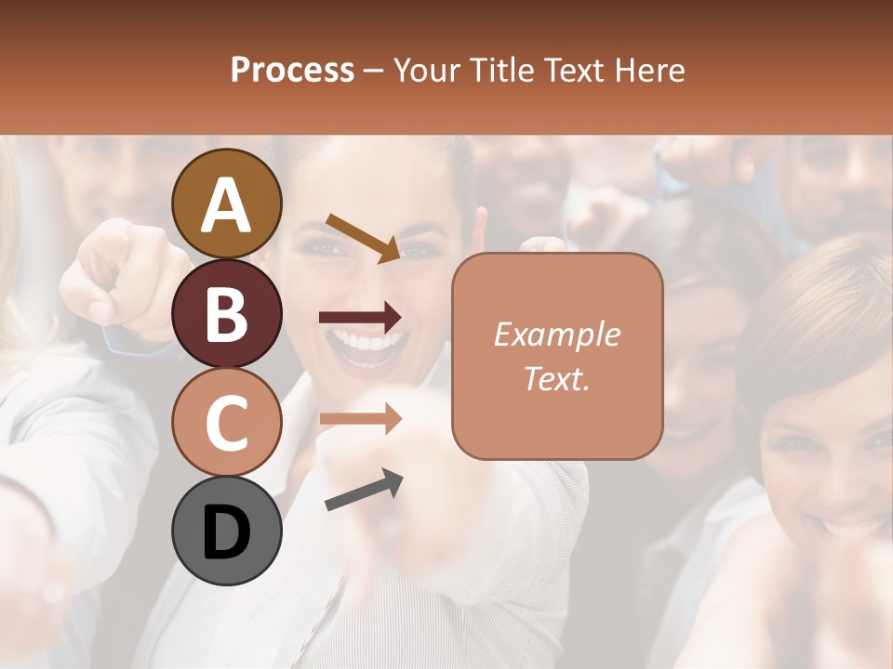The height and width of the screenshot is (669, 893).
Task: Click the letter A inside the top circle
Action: [x=227, y=204]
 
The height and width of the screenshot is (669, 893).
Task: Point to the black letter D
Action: [x=227, y=534]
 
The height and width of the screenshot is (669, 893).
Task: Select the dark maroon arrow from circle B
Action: [x=360, y=318]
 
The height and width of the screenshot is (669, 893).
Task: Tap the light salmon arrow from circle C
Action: [x=360, y=418]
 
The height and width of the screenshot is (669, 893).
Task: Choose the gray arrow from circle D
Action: [x=364, y=491]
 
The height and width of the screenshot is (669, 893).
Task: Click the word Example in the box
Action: [x=556, y=334]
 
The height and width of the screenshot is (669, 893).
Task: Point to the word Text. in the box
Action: [x=556, y=379]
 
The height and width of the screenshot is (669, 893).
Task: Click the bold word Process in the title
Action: [x=292, y=70]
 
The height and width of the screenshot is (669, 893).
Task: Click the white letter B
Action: [x=227, y=316]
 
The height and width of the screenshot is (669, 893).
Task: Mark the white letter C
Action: [x=227, y=423]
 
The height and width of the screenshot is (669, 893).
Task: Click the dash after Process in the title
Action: [x=374, y=71]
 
